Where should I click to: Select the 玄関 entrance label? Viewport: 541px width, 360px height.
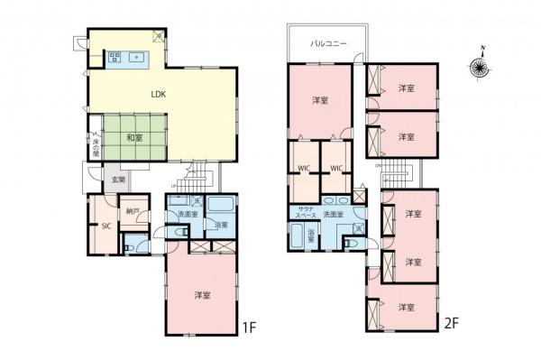[118, 180]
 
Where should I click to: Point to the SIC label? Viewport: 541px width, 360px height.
[105, 226]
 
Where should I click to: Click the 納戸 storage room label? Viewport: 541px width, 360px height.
[133, 212]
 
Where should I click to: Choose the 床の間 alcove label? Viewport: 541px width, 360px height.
[96, 145]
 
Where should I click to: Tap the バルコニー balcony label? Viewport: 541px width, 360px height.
[325, 42]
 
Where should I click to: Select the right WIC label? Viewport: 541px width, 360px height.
[335, 169]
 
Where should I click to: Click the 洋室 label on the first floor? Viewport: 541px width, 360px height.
[202, 293]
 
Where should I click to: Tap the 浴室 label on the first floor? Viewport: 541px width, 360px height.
[221, 225]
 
